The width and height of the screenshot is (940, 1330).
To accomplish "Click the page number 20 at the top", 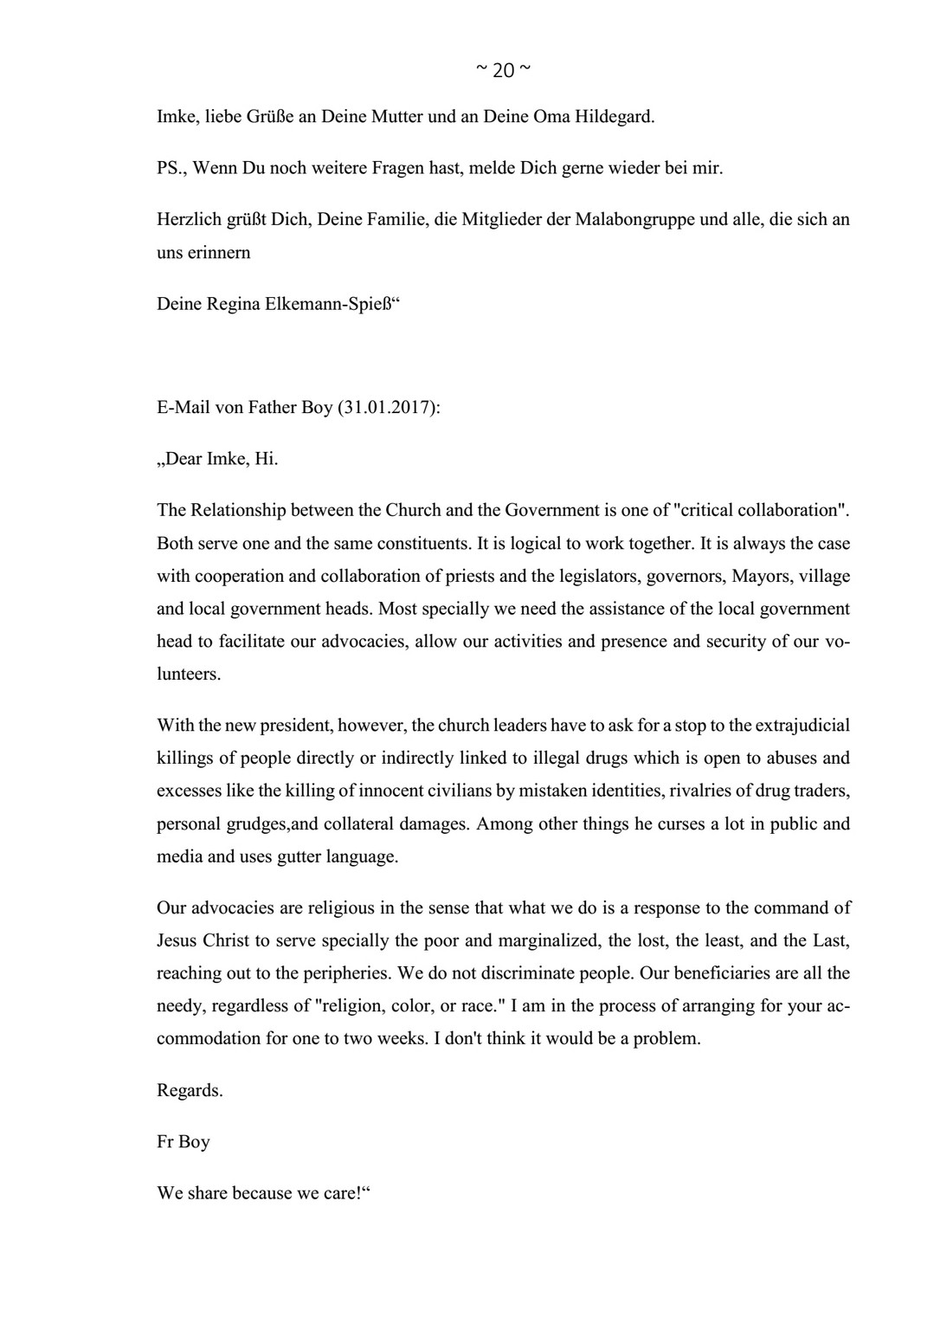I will point(503,71).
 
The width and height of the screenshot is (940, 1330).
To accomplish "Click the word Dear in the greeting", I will point(183,459).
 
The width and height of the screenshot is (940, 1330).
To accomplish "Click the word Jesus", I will point(177,941).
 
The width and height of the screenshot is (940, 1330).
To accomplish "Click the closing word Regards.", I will point(190,1091).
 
